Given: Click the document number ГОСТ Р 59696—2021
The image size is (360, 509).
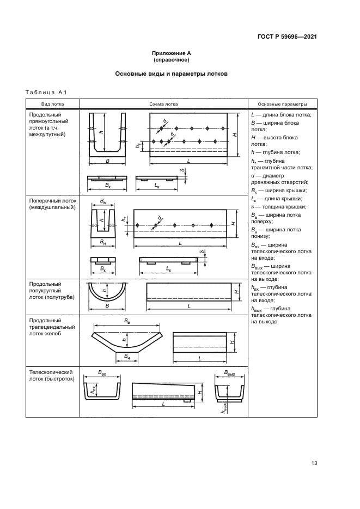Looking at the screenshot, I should point(288,37).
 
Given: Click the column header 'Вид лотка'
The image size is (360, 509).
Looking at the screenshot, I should point(53,104).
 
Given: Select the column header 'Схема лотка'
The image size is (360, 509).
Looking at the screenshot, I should point(163,104).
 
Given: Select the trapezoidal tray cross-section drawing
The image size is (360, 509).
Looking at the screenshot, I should point(127,340).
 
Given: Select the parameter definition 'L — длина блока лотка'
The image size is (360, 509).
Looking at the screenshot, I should point(281,115).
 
